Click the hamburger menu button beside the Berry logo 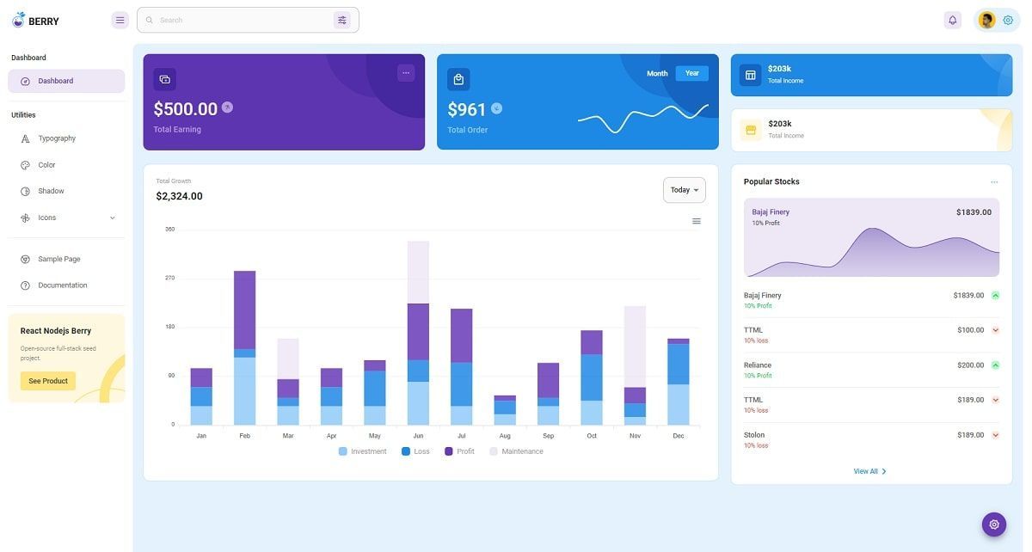point(120,20)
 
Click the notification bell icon point(952,20)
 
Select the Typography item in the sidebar point(57,138)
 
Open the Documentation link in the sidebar point(62,285)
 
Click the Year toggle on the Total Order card point(691,73)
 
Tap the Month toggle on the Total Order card point(657,73)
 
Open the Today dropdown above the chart point(684,190)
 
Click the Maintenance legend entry point(522,451)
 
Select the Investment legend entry point(368,451)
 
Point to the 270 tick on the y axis point(169,278)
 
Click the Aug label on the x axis point(505,436)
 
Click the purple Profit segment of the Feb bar point(245,310)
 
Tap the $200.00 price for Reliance point(970,365)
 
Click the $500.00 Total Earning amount point(186,109)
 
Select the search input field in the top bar point(241,20)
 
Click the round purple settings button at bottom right point(994,524)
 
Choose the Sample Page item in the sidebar point(58,259)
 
